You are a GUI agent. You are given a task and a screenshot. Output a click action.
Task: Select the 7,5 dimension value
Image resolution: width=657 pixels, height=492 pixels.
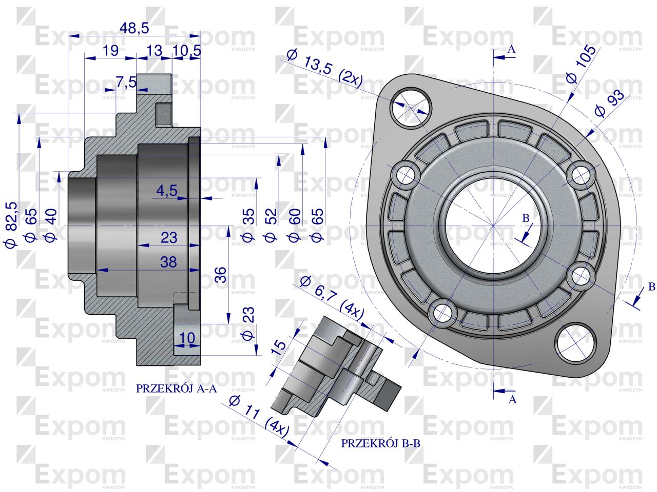[x=126, y=81]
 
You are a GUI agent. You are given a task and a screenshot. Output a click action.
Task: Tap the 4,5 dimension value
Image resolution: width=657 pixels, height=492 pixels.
[x=167, y=191]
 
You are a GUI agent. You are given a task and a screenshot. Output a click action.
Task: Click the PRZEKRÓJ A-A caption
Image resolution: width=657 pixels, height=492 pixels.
[x=177, y=389]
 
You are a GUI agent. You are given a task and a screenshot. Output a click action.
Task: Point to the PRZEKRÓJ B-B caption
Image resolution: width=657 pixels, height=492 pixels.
[x=381, y=444]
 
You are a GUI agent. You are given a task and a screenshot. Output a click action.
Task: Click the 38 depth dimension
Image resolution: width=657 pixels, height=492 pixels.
[x=168, y=262]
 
